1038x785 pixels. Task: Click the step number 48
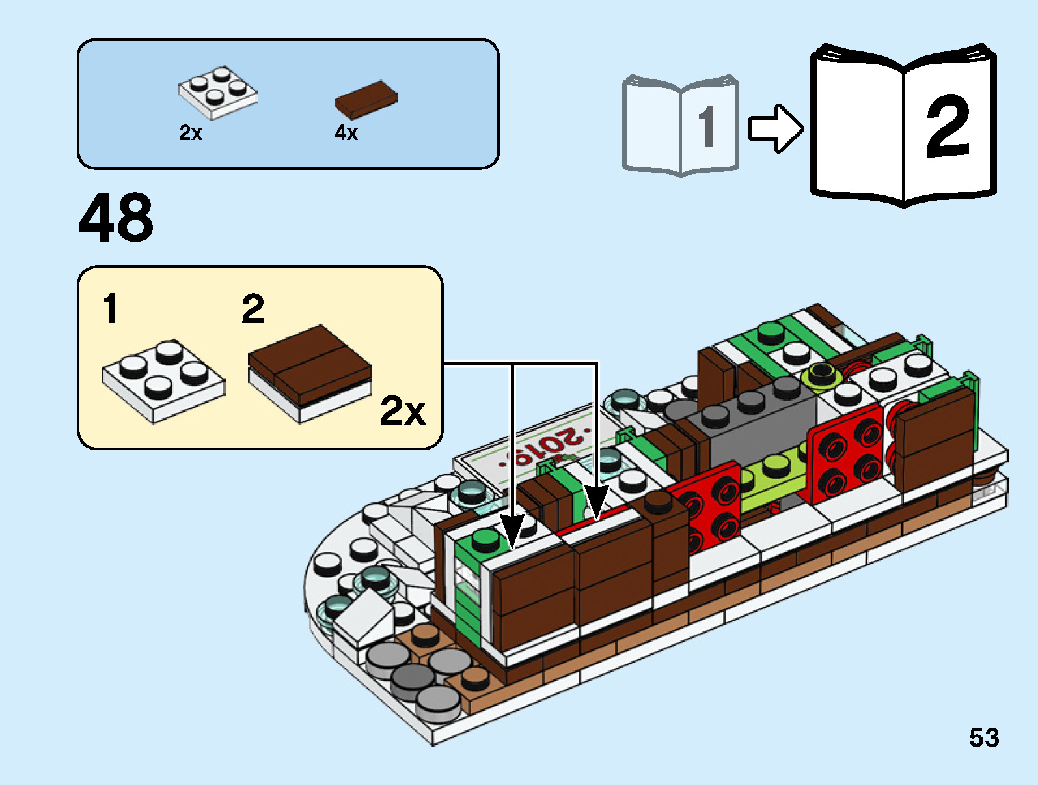pyautogui.click(x=116, y=218)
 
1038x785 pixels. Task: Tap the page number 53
pyautogui.click(x=983, y=737)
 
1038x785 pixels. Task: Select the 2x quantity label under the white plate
pyautogui.click(x=191, y=133)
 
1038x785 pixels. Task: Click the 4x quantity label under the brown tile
pyautogui.click(x=346, y=133)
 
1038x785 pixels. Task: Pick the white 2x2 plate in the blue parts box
pyautogui.click(x=218, y=93)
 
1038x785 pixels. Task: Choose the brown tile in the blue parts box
pyautogui.click(x=366, y=100)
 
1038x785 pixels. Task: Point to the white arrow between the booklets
pyautogui.click(x=774, y=128)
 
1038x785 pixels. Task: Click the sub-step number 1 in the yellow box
pyautogui.click(x=111, y=308)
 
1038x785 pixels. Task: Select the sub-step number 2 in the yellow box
pyautogui.click(x=253, y=308)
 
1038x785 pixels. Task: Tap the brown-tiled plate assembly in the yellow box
pyautogui.click(x=309, y=373)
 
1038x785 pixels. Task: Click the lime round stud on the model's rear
pyautogui.click(x=822, y=374)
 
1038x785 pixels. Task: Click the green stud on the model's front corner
pyautogui.click(x=484, y=539)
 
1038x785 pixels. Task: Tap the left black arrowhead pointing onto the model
pyautogui.click(x=512, y=531)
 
